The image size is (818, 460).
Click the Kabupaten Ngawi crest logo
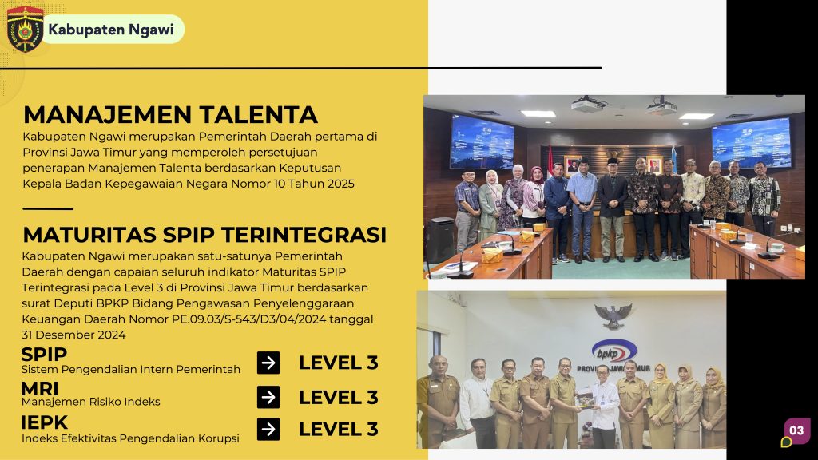coord(25,30)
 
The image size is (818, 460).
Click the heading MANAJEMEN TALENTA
coord(171,115)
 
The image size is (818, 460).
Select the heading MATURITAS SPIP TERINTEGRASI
coord(204,235)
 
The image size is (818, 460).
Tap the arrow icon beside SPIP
coord(268,363)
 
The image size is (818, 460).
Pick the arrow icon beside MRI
coord(268,398)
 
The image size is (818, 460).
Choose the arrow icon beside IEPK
coord(268,429)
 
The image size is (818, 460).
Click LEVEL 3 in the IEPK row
coord(339,429)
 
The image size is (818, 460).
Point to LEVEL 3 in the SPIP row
coord(339,363)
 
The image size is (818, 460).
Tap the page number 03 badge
coord(796,430)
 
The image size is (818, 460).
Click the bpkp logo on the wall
coord(614,352)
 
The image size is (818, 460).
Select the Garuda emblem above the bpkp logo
coord(613,316)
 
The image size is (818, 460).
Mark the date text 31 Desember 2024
coord(73,335)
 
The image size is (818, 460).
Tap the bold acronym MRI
coord(40,389)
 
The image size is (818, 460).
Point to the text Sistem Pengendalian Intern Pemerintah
coord(131,369)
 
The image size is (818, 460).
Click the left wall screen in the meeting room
coord(482,142)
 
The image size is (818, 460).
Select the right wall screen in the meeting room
coord(751,143)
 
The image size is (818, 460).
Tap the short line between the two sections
coord(48,208)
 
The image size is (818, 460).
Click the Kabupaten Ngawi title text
coord(111,30)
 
